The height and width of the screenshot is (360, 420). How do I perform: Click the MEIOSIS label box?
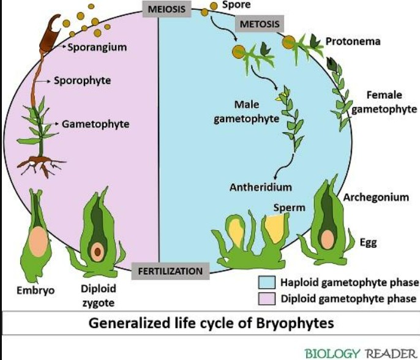click(164, 9)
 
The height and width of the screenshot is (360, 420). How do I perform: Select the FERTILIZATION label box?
click(170, 271)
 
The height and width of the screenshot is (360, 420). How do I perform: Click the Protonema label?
click(353, 42)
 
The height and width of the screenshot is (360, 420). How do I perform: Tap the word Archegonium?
click(376, 197)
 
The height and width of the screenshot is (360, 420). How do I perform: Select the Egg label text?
click(369, 243)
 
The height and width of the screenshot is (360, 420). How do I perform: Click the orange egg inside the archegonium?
click(328, 237)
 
